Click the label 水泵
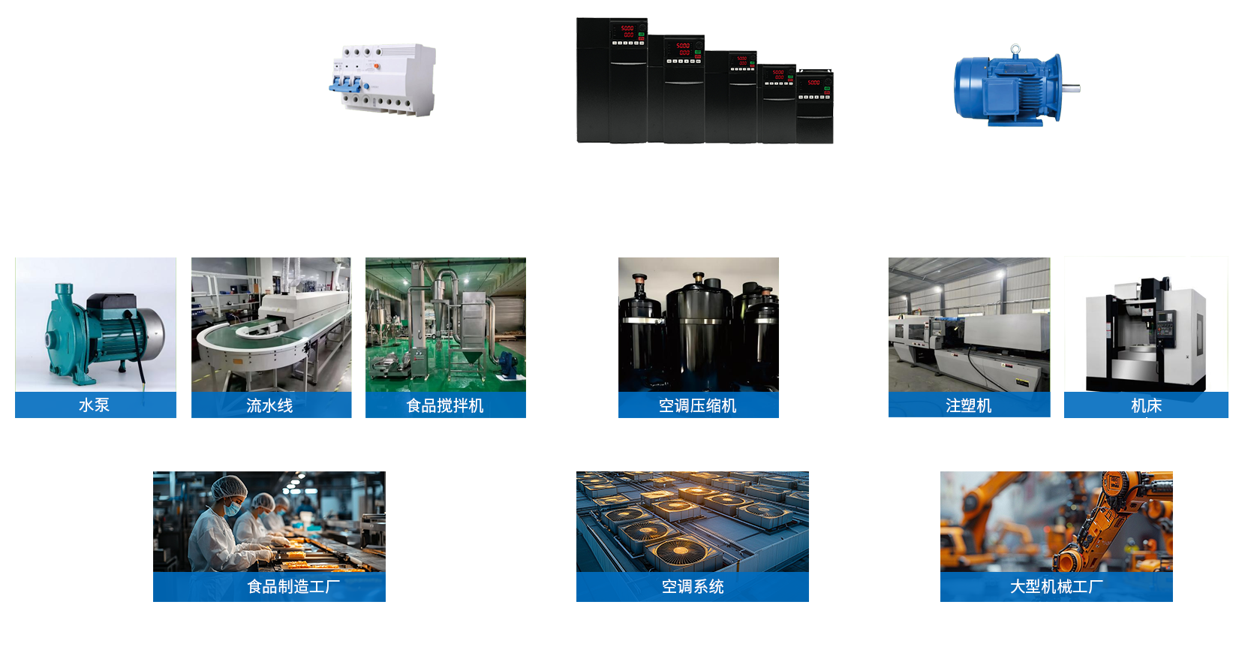click(94, 405)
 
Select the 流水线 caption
click(269, 405)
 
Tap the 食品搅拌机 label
click(444, 405)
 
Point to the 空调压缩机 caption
click(697, 405)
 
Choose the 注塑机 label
click(968, 405)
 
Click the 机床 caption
click(1146, 405)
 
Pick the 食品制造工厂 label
click(293, 586)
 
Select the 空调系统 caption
click(692, 586)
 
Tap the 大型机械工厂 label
click(1056, 586)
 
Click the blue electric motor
click(1006, 88)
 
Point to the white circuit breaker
click(382, 80)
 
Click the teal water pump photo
click(96, 324)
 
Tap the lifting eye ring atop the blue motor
click(1015, 50)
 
